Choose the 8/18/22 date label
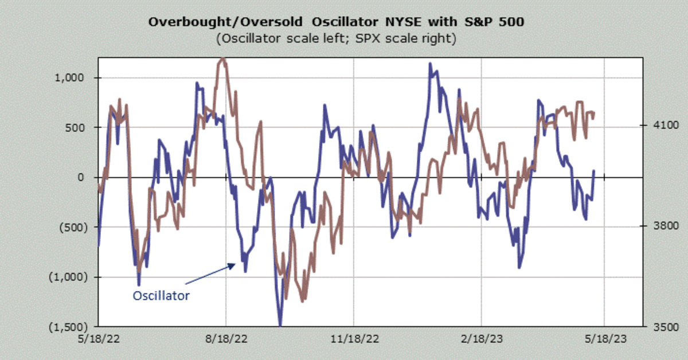(226, 338)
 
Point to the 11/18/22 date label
(354, 338)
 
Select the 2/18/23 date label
(482, 338)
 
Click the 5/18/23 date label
(607, 338)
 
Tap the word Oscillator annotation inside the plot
(161, 296)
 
